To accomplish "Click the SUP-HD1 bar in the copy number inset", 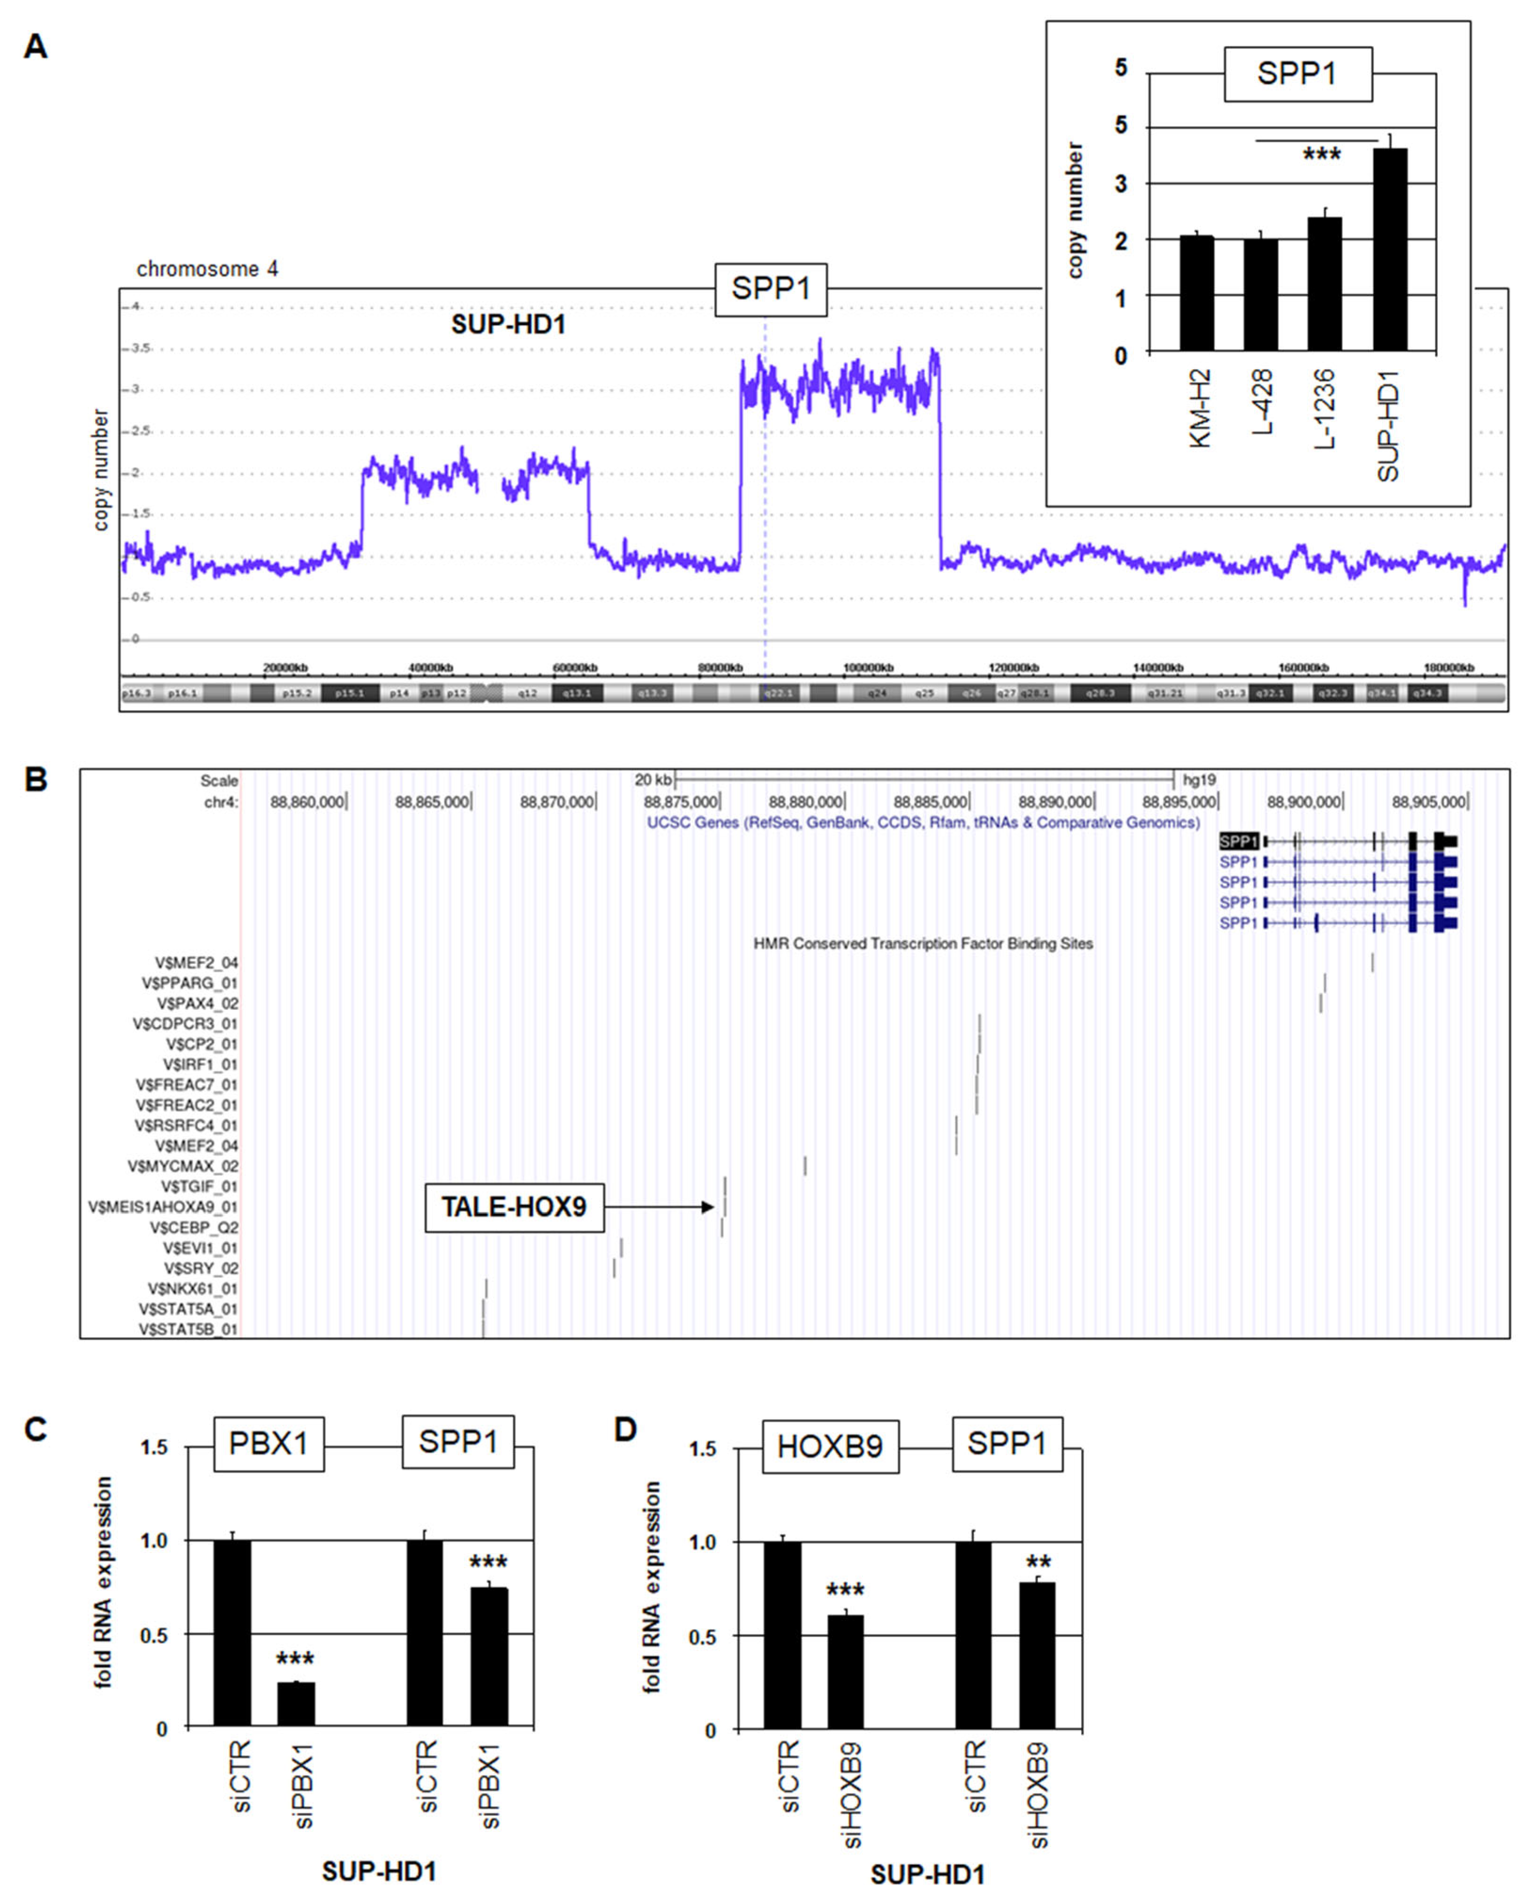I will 1390,251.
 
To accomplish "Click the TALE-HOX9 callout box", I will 515,1206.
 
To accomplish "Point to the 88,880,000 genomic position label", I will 805,802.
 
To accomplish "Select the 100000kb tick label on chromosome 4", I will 868,667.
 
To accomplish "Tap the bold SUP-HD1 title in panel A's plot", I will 508,325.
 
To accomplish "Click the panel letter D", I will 625,1429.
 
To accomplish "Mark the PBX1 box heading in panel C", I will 269,1444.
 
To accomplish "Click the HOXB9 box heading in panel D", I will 830,1447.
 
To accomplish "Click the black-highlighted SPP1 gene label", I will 1238,841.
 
